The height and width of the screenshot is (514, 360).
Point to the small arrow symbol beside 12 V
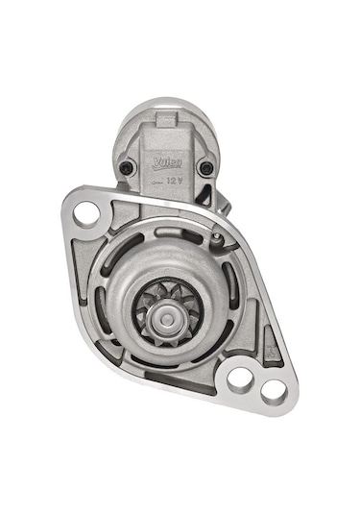[x=159, y=180]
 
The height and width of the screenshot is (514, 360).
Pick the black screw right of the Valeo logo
[x=204, y=168]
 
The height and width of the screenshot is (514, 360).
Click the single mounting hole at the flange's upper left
[x=86, y=212]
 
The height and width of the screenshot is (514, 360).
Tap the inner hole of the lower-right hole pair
[x=241, y=379]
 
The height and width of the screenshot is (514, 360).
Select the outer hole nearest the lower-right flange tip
[x=273, y=390]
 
